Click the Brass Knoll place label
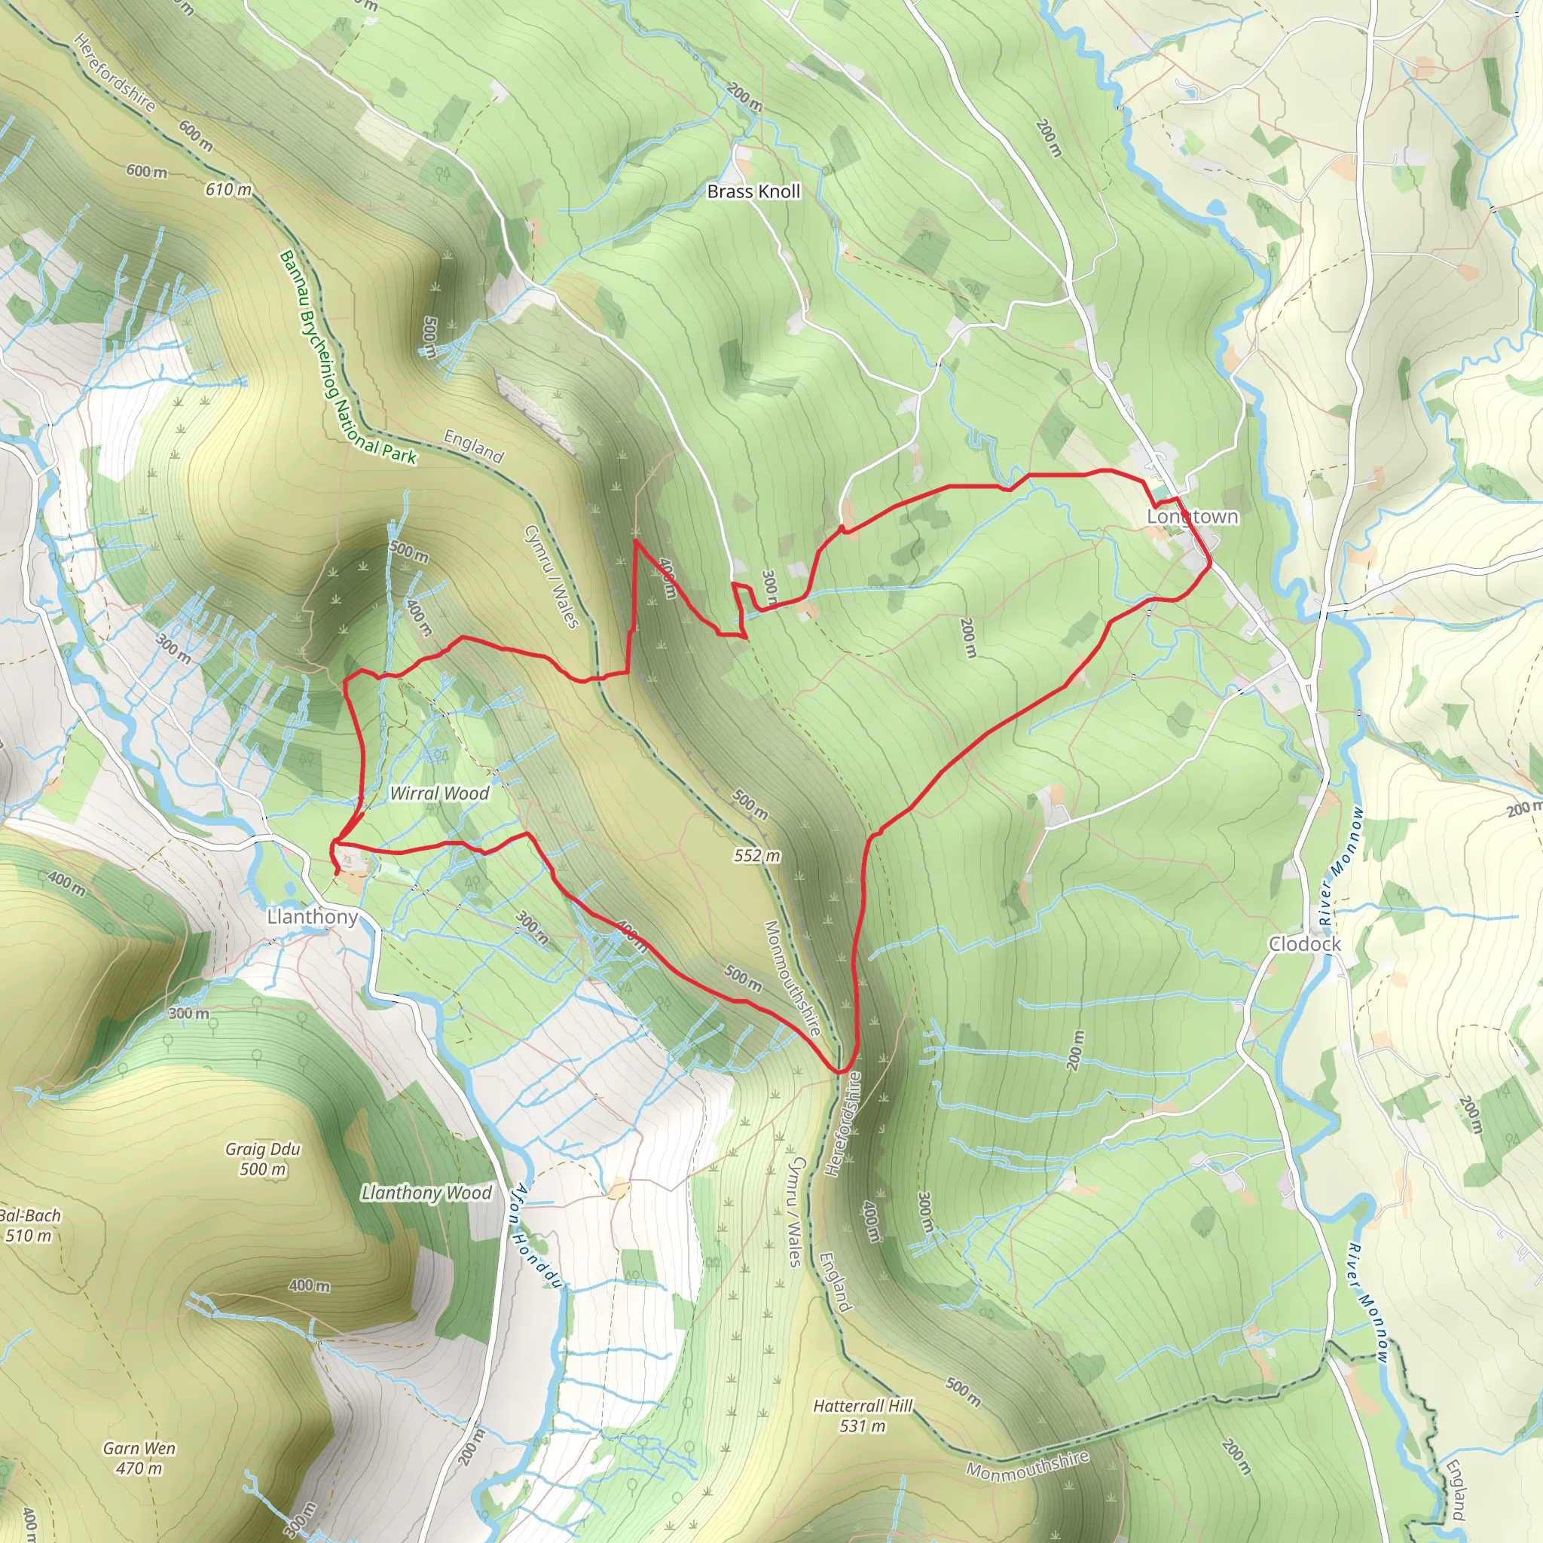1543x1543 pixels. click(753, 191)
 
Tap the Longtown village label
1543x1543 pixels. click(1193, 517)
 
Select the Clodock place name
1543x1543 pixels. click(1305, 944)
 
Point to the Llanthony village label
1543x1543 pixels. click(312, 917)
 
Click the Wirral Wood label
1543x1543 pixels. click(439, 793)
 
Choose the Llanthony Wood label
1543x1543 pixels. click(426, 1193)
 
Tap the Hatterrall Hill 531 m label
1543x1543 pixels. click(863, 1415)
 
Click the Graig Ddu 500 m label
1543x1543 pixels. click(263, 1159)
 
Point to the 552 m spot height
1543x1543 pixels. click(757, 855)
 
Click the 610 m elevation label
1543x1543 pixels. click(228, 189)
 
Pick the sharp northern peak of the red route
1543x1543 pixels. click(635, 542)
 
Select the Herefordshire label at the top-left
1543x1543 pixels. click(115, 72)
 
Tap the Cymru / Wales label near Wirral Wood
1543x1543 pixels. click(551, 576)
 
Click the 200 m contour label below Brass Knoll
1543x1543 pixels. click(744, 96)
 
